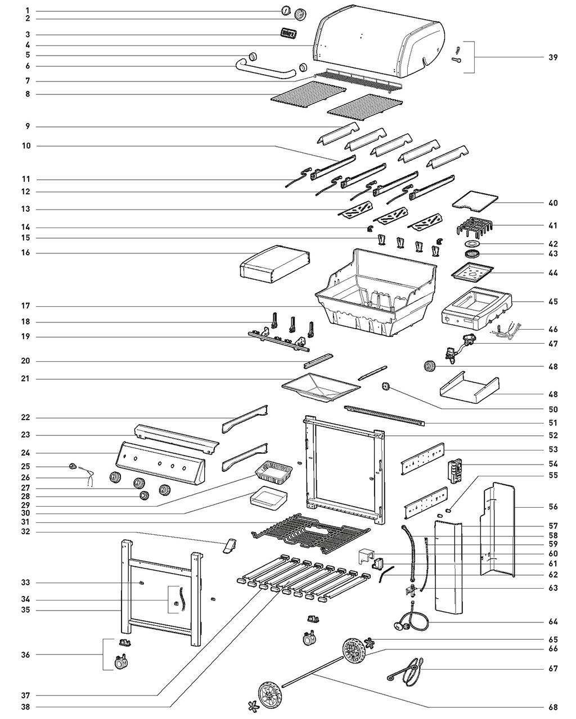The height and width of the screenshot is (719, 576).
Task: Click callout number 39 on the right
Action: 553,57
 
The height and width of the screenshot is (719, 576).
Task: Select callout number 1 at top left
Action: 27,11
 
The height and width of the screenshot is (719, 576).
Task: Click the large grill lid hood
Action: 377,42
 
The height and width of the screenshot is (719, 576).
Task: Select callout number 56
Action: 553,507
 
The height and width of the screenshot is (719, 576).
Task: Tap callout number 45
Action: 553,302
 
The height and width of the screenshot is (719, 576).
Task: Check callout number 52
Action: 553,435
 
